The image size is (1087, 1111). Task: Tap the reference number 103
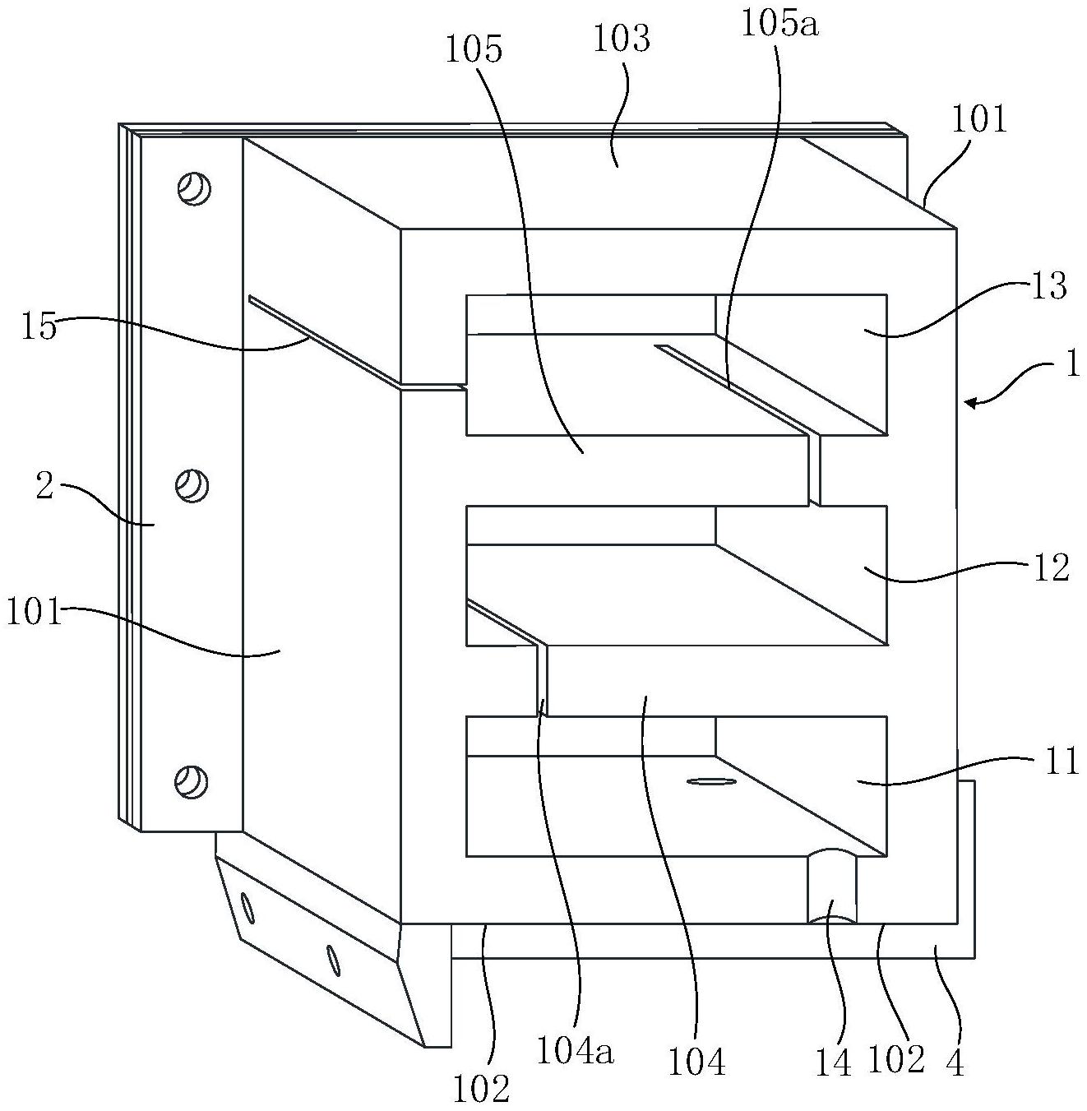(x=622, y=39)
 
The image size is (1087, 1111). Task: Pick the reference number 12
(x=1050, y=567)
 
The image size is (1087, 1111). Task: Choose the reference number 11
(x=1061, y=761)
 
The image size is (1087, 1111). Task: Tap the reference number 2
(x=44, y=487)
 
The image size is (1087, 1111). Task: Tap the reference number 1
(x=1071, y=363)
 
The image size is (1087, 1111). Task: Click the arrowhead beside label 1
(x=972, y=402)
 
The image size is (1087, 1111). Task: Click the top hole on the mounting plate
(x=194, y=189)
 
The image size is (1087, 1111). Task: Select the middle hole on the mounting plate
(x=194, y=484)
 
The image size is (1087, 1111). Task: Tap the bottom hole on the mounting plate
(x=194, y=780)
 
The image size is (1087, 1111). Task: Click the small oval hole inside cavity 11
(x=711, y=782)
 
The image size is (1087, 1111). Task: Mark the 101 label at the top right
(x=978, y=120)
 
